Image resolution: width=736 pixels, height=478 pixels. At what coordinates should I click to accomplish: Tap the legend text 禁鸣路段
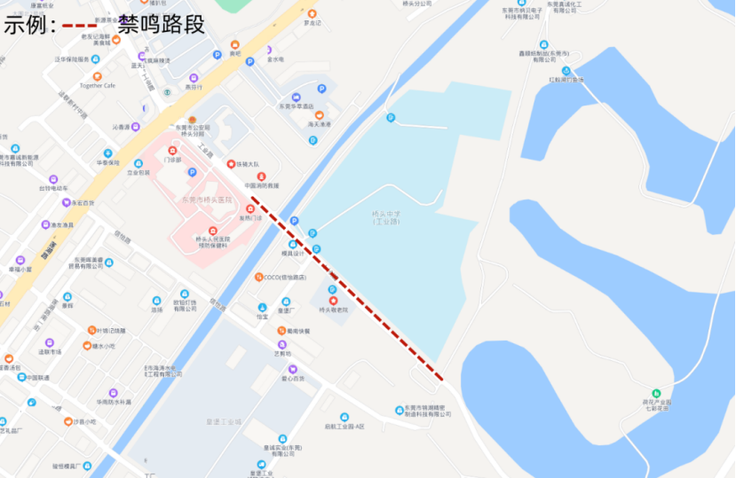click(x=161, y=24)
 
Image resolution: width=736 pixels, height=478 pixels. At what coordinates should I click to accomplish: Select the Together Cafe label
click(x=98, y=86)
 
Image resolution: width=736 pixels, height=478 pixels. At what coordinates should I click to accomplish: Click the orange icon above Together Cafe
click(x=98, y=76)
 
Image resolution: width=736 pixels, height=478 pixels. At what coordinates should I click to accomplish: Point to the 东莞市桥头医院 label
click(x=209, y=200)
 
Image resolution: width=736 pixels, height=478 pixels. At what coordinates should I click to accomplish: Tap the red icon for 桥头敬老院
click(x=333, y=302)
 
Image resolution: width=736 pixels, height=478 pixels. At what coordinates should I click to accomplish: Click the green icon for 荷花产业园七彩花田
click(x=656, y=393)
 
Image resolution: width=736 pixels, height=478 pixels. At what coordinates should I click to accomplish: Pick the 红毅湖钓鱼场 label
click(x=566, y=80)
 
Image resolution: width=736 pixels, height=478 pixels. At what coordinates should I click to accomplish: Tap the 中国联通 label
click(x=38, y=378)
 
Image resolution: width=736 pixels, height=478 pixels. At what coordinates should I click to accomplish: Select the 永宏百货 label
click(x=83, y=203)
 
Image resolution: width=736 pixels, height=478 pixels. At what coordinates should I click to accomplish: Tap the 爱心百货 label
click(x=293, y=379)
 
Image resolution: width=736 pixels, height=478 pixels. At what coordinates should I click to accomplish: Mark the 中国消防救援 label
click(x=261, y=186)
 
